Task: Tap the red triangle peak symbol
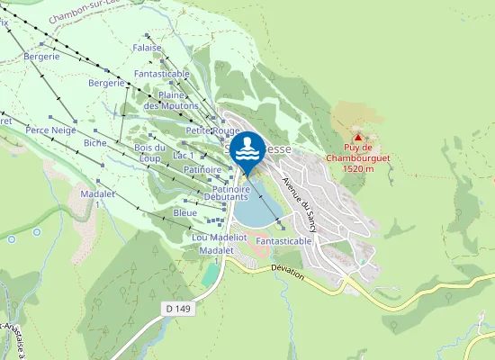pyautogui.click(x=357, y=138)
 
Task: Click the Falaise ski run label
pyautogui.click(x=146, y=48)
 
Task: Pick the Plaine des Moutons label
pyautogui.click(x=171, y=100)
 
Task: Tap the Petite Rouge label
pyautogui.click(x=212, y=130)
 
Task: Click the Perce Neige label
pyautogui.click(x=50, y=130)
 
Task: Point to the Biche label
pyautogui.click(x=94, y=142)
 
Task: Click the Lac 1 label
pyautogui.click(x=183, y=156)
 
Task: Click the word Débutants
pyautogui.click(x=225, y=196)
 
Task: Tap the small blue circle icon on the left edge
pyautogui.click(x=11, y=239)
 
